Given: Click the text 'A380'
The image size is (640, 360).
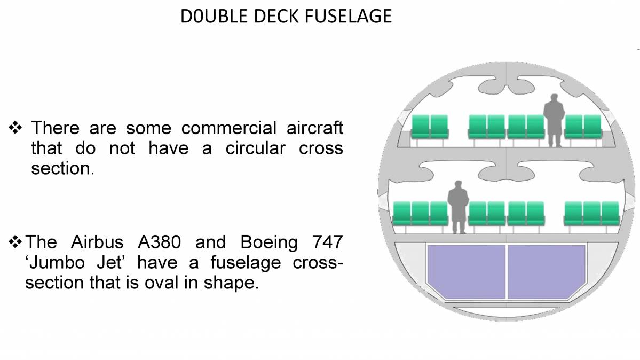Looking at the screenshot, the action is pyautogui.click(x=159, y=242).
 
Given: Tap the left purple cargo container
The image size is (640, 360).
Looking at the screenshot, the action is pyautogui.click(x=465, y=271).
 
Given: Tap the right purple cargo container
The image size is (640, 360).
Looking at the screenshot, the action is pyautogui.click(x=546, y=271).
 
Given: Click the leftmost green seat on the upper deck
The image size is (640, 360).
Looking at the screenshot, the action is pyautogui.click(x=421, y=127).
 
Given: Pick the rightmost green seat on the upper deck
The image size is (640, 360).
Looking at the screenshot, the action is pyautogui.click(x=592, y=127).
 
